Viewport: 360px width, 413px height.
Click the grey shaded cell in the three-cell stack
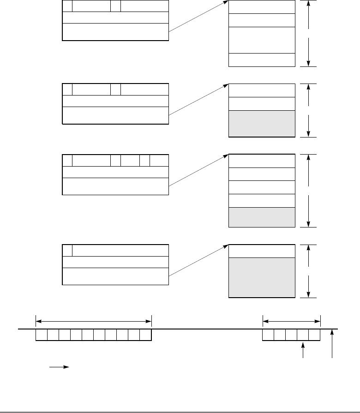click(x=262, y=123)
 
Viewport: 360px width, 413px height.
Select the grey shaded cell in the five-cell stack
click(x=262, y=217)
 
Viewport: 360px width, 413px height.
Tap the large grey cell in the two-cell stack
click(x=262, y=278)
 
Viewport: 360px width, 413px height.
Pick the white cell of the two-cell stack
click(x=262, y=251)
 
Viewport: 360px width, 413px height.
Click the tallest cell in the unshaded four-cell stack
click(x=262, y=40)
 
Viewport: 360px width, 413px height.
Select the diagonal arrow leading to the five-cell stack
click(x=199, y=171)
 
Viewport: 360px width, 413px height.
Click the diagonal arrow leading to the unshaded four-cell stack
click(x=199, y=17)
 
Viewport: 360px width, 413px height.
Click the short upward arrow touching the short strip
click(x=303, y=350)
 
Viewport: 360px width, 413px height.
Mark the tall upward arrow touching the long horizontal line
click(x=332, y=344)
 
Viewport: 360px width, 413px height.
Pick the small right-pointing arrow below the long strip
click(x=59, y=367)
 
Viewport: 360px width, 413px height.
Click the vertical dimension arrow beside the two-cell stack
click(x=308, y=271)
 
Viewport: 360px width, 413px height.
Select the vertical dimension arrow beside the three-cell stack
click(x=308, y=110)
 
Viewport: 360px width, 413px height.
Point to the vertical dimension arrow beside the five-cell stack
click(x=308, y=191)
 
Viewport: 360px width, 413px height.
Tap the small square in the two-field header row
click(x=67, y=250)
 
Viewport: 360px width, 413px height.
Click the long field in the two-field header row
click(x=120, y=250)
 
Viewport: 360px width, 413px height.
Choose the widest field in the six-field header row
click(x=92, y=160)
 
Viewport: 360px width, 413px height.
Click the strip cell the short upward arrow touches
click(x=303, y=335)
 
